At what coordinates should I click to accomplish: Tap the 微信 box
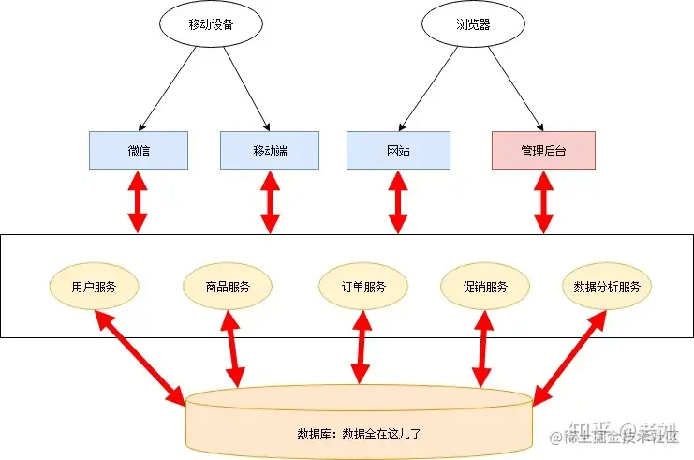(139, 150)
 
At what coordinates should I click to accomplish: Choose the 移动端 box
(270, 150)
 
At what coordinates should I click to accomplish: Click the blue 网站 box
(398, 150)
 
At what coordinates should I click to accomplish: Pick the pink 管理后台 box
(543, 150)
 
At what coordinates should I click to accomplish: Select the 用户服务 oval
(95, 287)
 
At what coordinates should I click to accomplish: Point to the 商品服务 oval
(229, 287)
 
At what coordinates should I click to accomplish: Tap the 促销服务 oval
(485, 287)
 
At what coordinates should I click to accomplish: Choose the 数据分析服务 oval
(607, 287)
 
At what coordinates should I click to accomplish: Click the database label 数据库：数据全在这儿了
(359, 434)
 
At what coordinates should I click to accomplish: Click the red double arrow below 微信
(139, 201)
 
